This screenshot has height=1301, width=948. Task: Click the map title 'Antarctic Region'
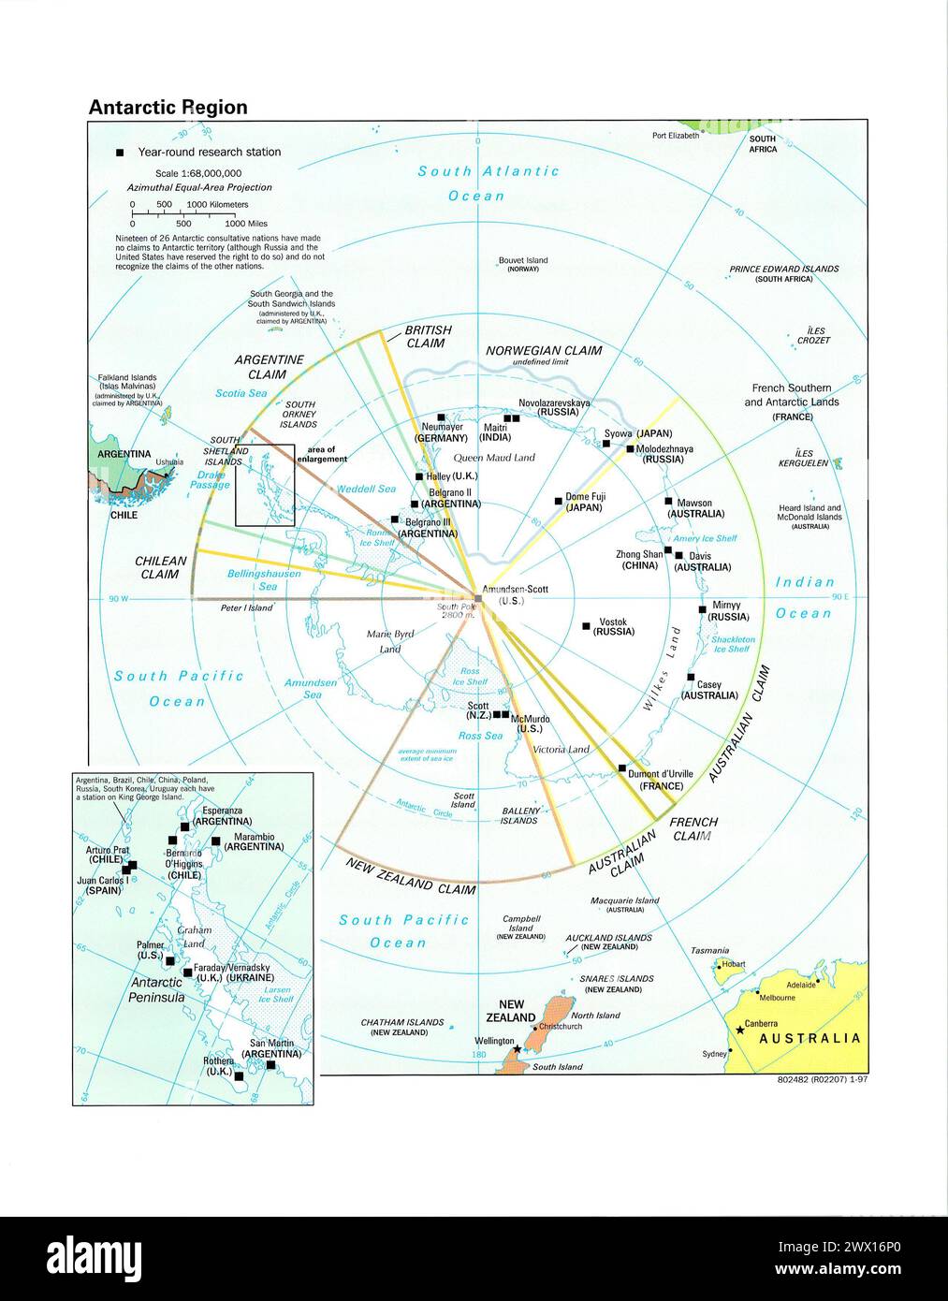168,108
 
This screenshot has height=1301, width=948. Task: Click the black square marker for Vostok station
586,624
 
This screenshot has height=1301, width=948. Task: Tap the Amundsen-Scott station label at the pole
514,594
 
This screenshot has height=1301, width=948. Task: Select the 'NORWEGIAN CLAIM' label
544,351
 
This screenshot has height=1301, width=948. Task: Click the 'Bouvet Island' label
523,260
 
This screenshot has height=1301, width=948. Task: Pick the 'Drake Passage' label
210,480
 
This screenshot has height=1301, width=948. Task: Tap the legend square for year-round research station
119,153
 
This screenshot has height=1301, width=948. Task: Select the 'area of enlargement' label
323,455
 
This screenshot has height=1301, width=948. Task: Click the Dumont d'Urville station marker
621,769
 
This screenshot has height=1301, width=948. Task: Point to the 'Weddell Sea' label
366,489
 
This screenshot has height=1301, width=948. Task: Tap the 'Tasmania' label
709,950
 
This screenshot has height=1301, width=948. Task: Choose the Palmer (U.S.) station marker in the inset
170,960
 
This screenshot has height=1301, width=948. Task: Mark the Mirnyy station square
702,609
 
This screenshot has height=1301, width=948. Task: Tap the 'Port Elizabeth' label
676,136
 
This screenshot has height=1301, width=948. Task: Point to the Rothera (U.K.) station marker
239,1076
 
